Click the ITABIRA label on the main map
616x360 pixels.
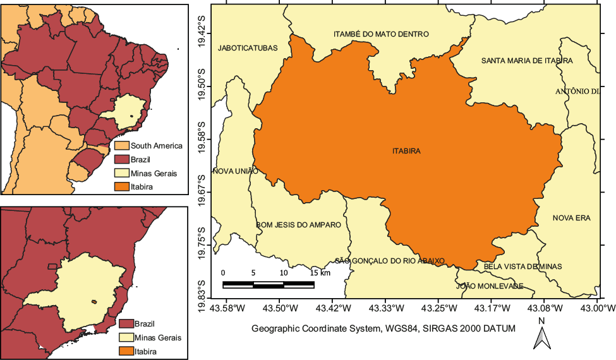[x=406, y=152]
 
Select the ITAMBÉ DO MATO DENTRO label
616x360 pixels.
[x=381, y=34]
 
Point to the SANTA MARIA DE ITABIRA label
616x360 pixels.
[x=527, y=61]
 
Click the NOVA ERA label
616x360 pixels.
[x=571, y=219]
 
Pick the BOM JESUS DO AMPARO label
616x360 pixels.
[x=298, y=225]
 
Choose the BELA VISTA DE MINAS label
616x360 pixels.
[x=522, y=267]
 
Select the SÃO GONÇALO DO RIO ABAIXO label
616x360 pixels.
[x=390, y=261]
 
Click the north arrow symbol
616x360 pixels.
[x=541, y=337]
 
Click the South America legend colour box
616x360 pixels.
[x=121, y=146]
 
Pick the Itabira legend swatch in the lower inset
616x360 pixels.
[x=126, y=351]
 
